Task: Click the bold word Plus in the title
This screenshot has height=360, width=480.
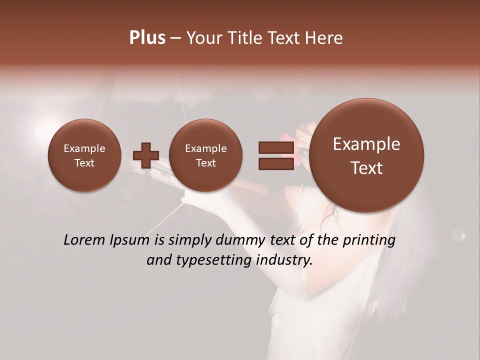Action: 147,38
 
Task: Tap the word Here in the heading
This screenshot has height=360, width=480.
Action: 323,38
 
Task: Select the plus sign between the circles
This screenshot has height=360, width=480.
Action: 146,155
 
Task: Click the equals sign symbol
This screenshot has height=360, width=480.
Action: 275,155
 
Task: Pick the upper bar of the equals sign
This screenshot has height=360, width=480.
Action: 275,147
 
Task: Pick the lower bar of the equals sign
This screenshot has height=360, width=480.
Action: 275,163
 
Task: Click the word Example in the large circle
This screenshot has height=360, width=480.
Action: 366,144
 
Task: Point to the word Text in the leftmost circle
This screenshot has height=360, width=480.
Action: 84,163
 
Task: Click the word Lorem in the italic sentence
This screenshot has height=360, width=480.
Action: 84,240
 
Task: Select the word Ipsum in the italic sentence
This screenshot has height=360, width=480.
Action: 129,240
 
